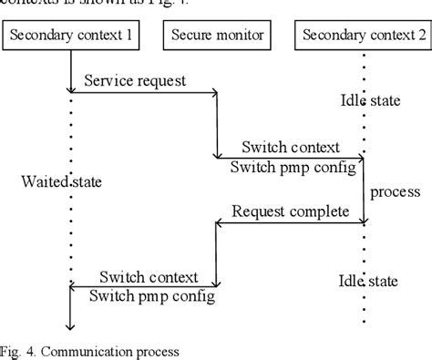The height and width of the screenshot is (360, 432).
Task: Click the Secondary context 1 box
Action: (70, 36)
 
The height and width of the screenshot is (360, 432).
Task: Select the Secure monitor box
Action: (217, 36)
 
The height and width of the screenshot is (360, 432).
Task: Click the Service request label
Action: (134, 80)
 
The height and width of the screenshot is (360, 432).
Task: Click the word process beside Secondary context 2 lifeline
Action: (396, 191)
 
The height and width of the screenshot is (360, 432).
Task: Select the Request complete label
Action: (290, 211)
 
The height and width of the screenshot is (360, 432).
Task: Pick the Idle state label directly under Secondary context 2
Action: (364, 102)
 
